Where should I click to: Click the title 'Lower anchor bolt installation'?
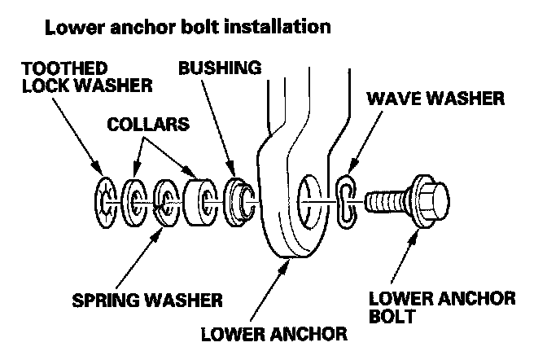click(x=187, y=27)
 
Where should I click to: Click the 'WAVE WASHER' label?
click(x=435, y=99)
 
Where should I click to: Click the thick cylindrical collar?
click(x=199, y=200)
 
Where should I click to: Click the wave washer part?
click(x=346, y=200)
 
